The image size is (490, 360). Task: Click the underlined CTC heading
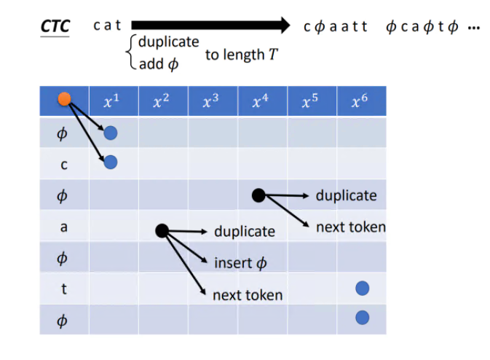(55, 27)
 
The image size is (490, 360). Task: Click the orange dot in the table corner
(65, 100)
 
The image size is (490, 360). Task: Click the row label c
(64, 165)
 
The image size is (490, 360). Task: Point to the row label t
(64, 289)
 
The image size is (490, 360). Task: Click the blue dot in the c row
(111, 162)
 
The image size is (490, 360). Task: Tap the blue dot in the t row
(362, 289)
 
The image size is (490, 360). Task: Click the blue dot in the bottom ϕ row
(362, 318)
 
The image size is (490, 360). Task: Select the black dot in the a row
(162, 231)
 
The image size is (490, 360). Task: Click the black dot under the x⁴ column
(258, 195)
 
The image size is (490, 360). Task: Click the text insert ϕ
(240, 262)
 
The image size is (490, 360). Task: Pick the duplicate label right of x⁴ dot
(346, 195)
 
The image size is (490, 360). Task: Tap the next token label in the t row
(247, 295)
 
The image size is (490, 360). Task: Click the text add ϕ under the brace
(157, 64)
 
